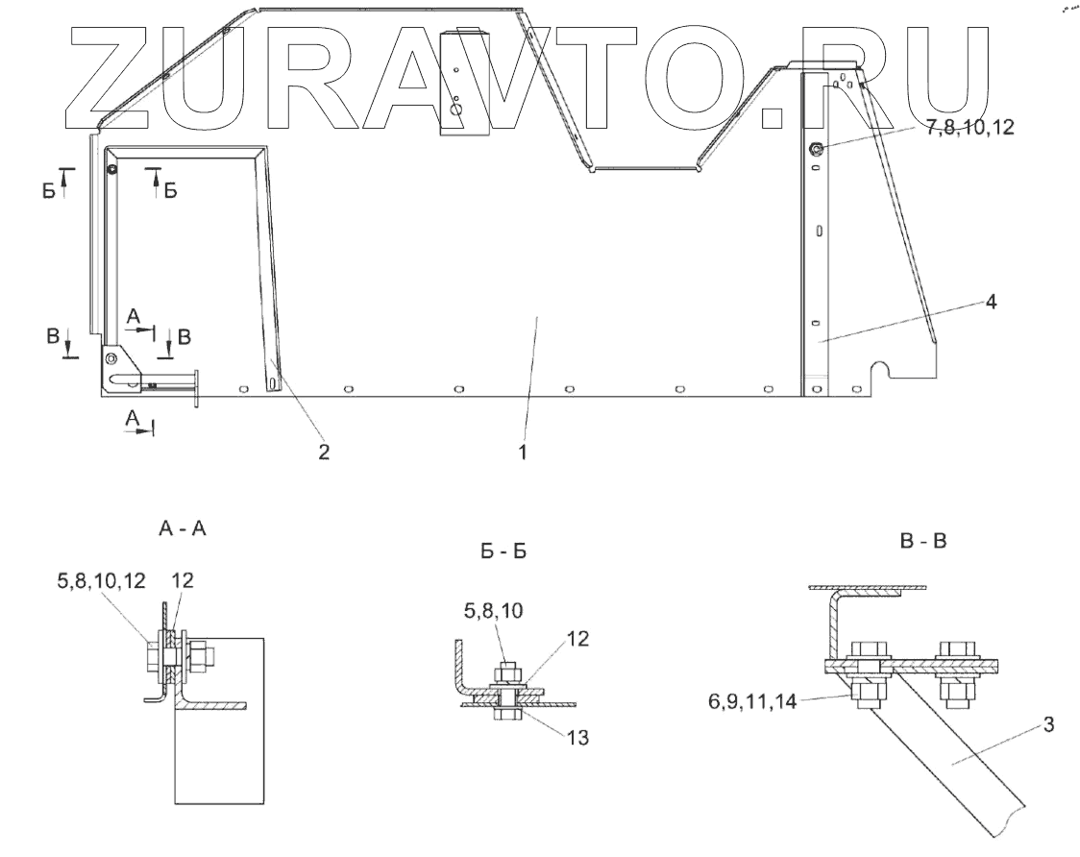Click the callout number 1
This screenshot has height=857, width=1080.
coord(523,452)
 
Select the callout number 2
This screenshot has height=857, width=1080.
coord(324,452)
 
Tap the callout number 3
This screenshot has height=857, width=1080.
coord(1048,725)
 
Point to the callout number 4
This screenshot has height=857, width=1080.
coord(990,302)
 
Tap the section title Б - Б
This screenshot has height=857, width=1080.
coord(503,552)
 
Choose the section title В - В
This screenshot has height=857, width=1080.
coord(922,541)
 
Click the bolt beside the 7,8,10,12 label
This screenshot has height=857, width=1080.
coord(815,149)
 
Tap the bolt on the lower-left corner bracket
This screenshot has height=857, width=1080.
coord(112,358)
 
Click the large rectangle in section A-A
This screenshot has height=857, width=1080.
coord(217,721)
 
